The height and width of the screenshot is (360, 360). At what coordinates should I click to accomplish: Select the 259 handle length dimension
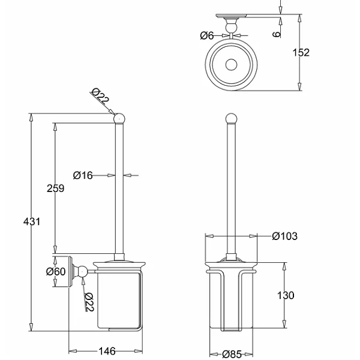55,188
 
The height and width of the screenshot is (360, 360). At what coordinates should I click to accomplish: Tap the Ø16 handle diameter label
83,175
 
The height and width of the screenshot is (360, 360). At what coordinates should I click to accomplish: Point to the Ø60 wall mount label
55,271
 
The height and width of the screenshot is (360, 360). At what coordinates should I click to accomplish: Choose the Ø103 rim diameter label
284,236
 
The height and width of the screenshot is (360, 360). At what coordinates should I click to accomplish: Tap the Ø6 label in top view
208,35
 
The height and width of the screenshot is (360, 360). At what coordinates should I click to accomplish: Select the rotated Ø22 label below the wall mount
88,302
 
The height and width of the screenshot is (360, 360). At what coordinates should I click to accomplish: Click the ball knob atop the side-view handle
119,118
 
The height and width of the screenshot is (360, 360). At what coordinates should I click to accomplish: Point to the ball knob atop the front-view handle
231,118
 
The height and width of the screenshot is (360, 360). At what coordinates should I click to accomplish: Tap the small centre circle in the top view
230,64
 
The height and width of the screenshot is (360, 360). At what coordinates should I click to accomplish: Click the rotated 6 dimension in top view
276,34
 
